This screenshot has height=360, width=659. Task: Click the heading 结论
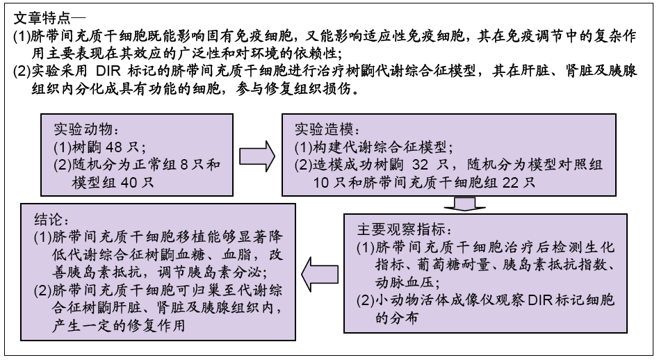click(x=49, y=220)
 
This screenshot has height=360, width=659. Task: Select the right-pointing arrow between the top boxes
click(x=257, y=156)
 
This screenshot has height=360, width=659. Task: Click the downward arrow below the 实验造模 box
click(x=464, y=204)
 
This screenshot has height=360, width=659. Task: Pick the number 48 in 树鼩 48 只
click(x=113, y=147)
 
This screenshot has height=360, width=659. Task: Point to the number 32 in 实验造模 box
click(x=421, y=165)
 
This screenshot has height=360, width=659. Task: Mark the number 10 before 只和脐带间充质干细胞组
click(x=321, y=183)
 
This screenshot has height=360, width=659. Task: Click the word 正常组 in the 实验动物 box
click(x=154, y=165)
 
